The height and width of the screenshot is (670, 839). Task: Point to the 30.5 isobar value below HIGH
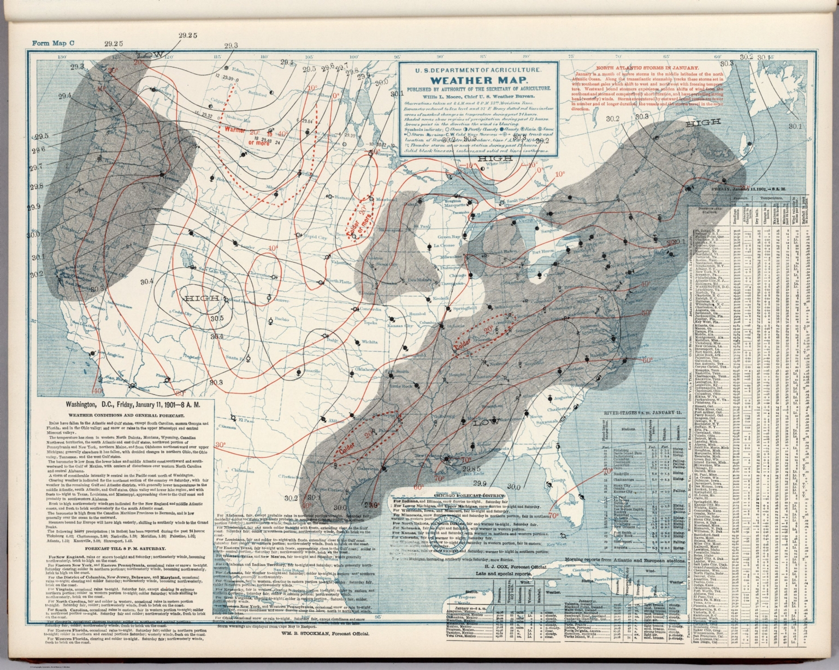point(217,318)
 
